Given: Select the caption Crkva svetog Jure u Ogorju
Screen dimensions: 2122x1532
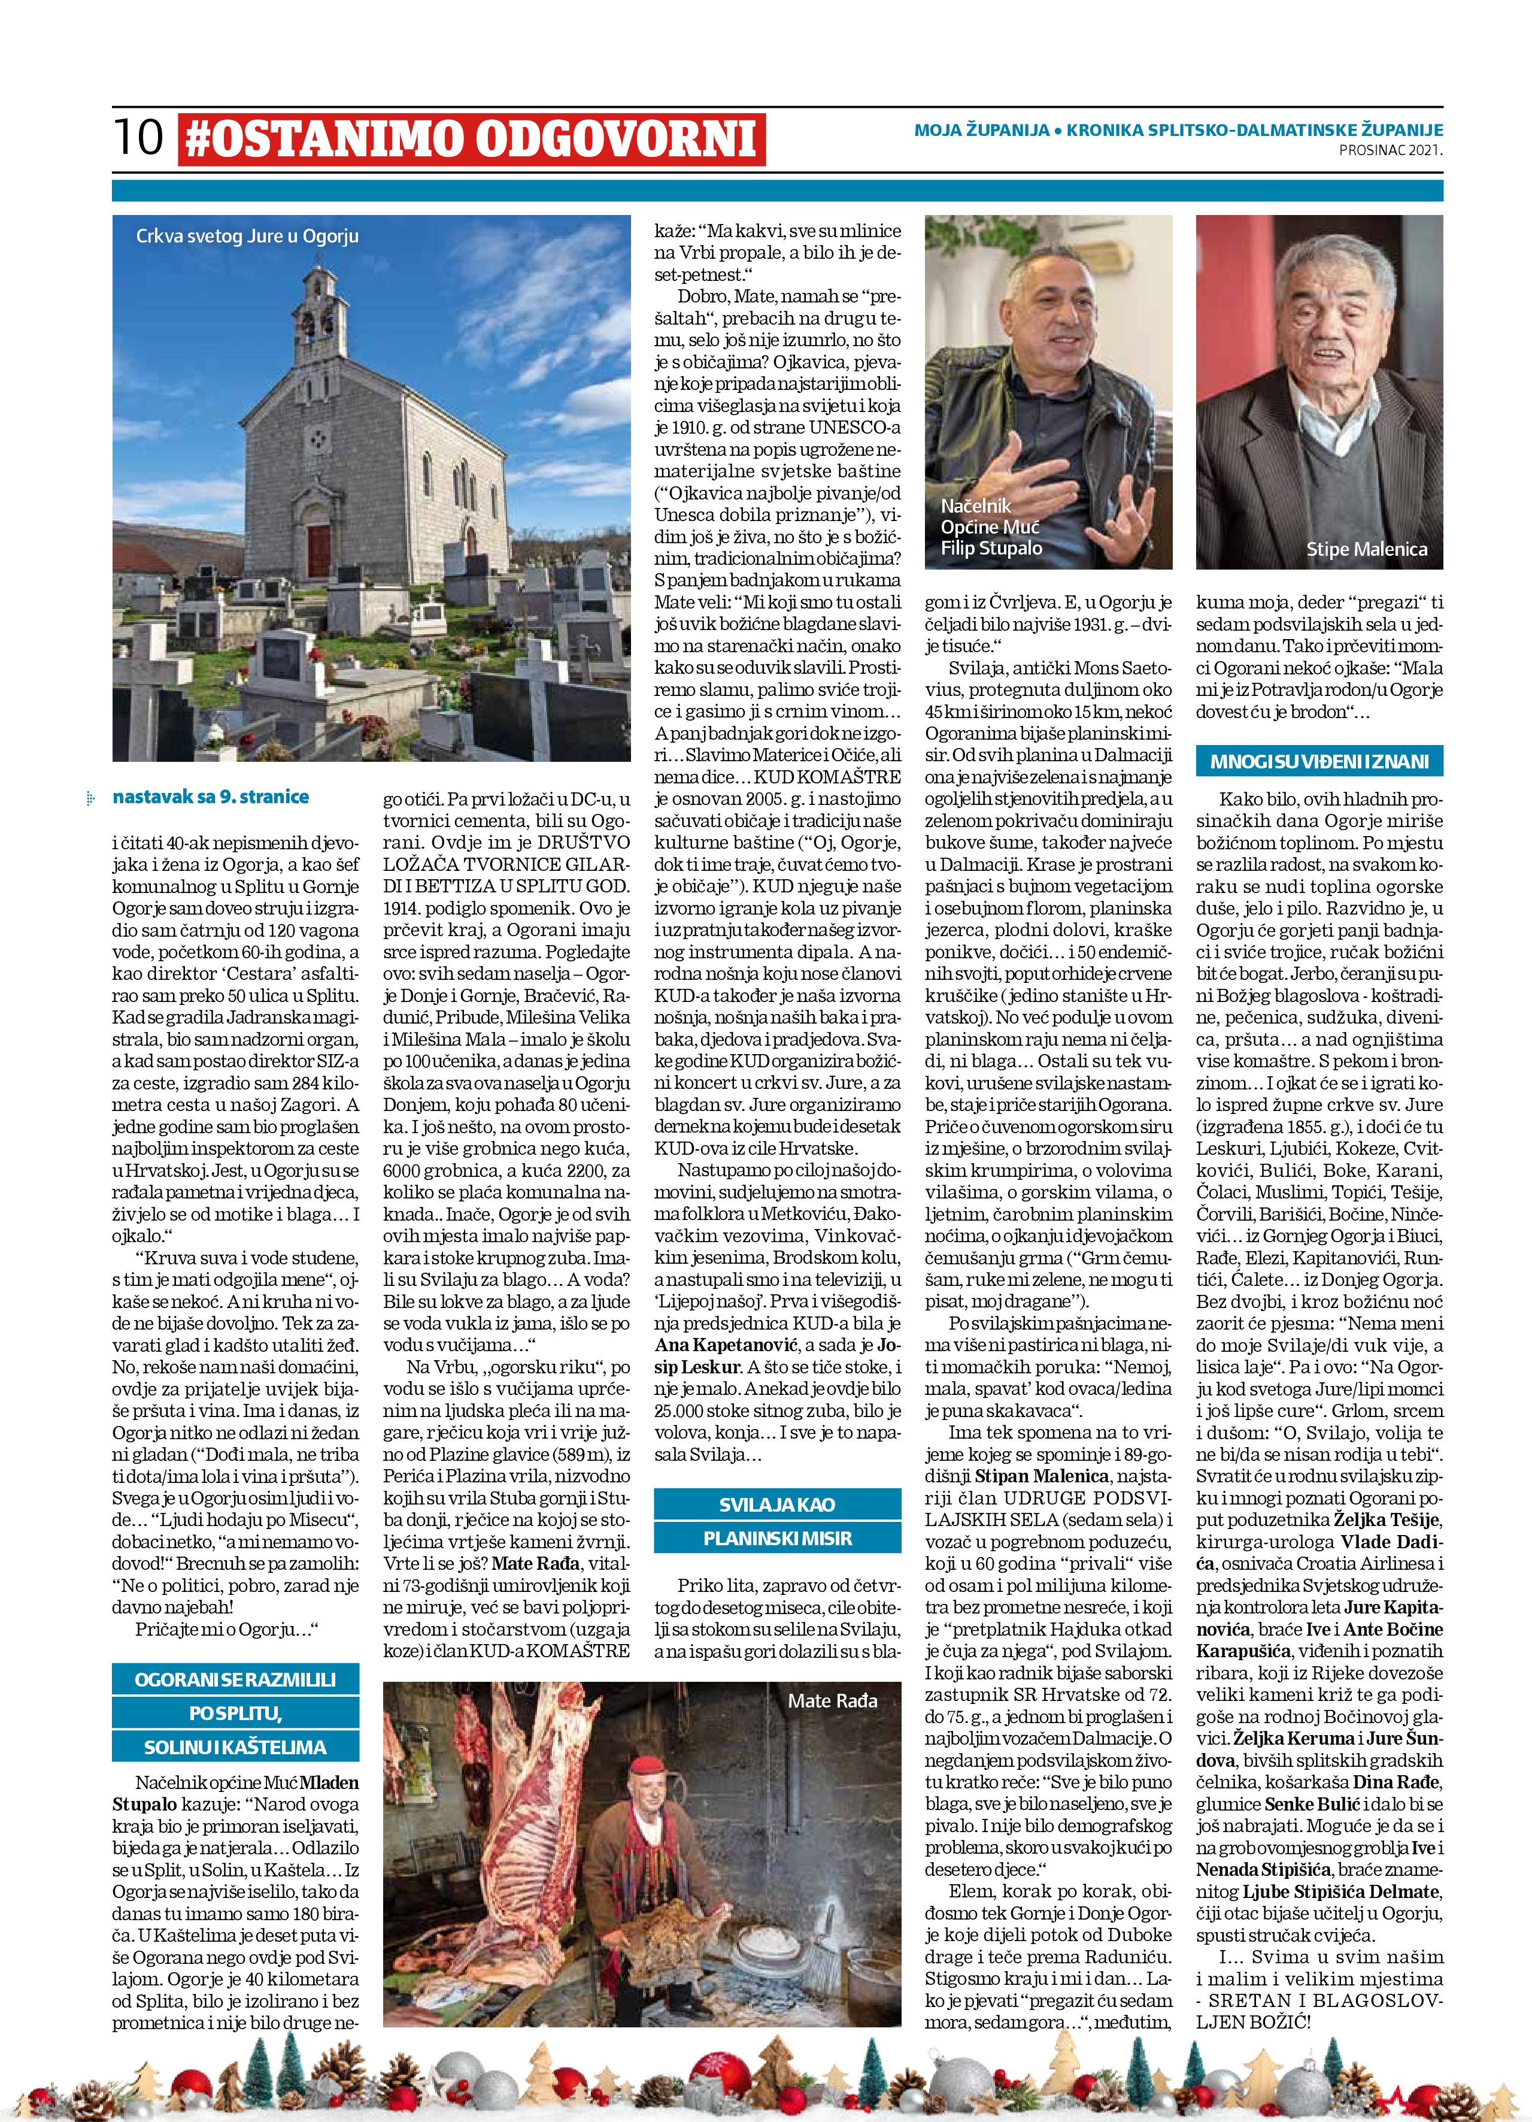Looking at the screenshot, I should click(247, 236).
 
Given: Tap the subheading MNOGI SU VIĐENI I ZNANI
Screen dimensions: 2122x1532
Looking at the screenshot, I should click(1319, 761).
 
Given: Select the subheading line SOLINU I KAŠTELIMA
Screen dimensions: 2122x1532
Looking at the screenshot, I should click(235, 1747).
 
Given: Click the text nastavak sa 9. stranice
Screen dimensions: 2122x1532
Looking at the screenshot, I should click(211, 797).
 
